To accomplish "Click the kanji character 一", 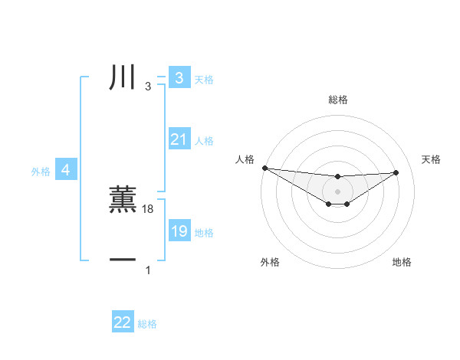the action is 123,260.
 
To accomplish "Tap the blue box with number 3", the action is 179,77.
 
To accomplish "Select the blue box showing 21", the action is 179,139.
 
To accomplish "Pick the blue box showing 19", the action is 179,231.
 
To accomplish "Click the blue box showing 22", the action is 123,322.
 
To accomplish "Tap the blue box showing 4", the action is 66,170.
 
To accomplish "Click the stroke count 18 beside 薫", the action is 148,209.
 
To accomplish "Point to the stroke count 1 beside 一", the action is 148,270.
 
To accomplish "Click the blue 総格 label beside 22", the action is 147,324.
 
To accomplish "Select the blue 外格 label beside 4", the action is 41,172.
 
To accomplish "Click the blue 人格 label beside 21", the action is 204,141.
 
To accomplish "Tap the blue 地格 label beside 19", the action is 204,232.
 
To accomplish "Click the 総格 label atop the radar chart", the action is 337,100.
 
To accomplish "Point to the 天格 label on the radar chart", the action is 431,159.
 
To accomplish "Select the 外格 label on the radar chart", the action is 270,262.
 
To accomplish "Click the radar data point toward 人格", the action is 264,168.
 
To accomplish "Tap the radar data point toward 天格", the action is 396,172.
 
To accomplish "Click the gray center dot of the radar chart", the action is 337,191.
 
